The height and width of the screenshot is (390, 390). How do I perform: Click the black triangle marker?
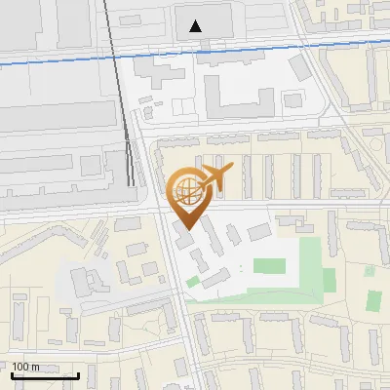click(197, 25)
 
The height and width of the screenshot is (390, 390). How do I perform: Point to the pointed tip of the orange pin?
click(185, 228)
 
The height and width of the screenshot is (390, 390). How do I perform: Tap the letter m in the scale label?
click(36, 367)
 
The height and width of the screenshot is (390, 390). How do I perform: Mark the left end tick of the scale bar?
click(11, 374)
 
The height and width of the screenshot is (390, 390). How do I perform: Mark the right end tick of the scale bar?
click(79, 374)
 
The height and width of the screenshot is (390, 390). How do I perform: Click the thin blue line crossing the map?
click(292, 47)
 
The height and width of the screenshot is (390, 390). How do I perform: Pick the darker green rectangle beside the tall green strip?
click(330, 281)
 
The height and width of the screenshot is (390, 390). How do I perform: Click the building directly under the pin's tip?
click(183, 237)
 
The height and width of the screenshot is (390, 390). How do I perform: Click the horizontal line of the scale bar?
click(45, 375)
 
